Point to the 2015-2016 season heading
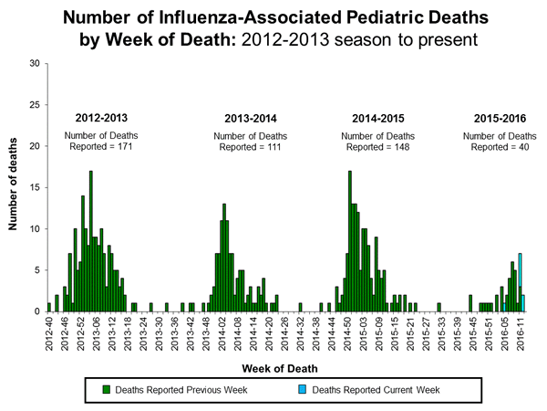[x=499, y=118]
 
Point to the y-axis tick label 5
[x=36, y=270]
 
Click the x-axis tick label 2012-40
[x=50, y=332]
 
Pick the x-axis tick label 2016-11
[x=522, y=332]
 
